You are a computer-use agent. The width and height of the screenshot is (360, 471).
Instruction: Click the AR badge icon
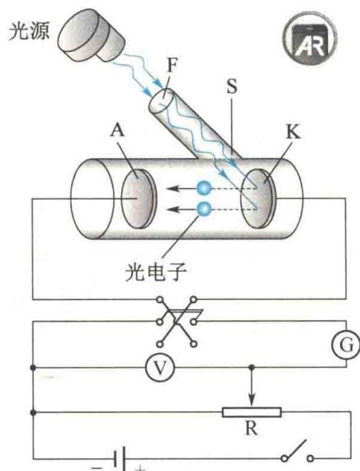click(x=310, y=38)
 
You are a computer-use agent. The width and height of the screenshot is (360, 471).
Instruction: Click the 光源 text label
click(x=29, y=30)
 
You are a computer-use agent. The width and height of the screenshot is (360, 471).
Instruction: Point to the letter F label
click(x=171, y=65)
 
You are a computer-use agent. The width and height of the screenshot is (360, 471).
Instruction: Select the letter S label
click(x=232, y=86)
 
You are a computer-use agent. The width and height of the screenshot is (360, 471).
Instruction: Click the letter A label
click(x=117, y=130)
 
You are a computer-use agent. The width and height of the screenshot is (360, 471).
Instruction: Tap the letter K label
click(x=292, y=131)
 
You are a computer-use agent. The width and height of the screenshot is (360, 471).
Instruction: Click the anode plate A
click(x=139, y=198)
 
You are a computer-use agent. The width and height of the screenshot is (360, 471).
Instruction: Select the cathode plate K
click(x=258, y=198)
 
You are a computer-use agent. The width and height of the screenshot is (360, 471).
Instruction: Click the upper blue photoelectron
click(x=204, y=189)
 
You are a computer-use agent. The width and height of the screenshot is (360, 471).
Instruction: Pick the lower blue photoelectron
click(x=204, y=209)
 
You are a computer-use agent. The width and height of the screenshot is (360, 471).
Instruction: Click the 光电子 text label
click(x=156, y=272)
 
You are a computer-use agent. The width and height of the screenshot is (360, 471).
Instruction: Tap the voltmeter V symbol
click(x=160, y=368)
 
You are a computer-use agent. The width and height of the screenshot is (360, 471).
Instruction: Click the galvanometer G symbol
click(x=346, y=345)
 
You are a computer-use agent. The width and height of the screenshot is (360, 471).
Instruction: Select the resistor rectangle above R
click(x=252, y=412)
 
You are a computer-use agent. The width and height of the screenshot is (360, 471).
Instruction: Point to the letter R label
click(x=252, y=428)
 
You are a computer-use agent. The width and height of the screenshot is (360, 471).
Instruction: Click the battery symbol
click(x=120, y=459)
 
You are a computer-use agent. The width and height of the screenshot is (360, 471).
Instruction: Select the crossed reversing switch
click(x=177, y=322)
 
